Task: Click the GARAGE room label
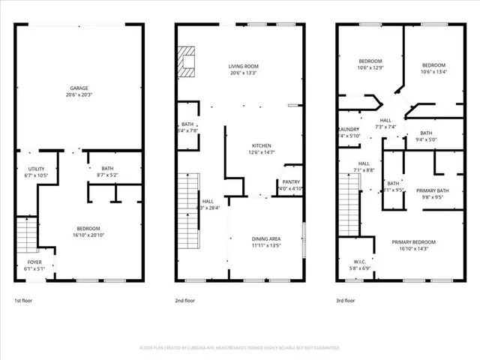coord(79,88)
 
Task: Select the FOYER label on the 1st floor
coord(25,262)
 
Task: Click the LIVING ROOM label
coord(244,66)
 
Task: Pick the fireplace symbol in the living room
coord(187,61)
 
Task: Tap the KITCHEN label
coord(262,145)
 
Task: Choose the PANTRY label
coord(291,182)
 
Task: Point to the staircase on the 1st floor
coord(26,234)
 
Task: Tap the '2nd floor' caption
coord(184,300)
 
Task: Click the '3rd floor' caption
coord(346,300)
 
